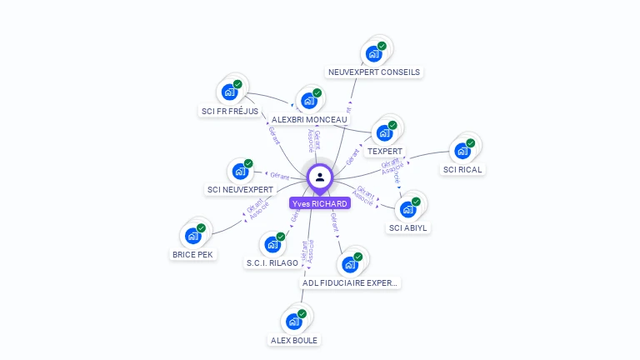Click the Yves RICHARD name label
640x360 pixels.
(x=320, y=203)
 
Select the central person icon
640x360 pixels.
(x=320, y=177)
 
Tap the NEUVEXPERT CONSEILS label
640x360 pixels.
(x=373, y=72)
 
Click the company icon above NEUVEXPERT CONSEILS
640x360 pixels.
(x=375, y=53)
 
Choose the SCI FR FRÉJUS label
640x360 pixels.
(x=229, y=111)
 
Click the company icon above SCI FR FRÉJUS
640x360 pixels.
(x=231, y=92)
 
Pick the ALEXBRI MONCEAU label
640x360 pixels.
(x=309, y=119)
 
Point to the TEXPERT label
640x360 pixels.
(x=385, y=152)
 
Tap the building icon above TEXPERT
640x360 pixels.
(x=385, y=132)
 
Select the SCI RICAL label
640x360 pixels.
(x=462, y=169)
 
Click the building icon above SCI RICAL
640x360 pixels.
(x=462, y=151)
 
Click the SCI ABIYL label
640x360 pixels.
(x=409, y=227)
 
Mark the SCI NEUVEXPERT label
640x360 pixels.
(x=240, y=190)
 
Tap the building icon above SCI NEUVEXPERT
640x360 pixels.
(x=241, y=172)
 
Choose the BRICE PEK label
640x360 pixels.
(x=192, y=254)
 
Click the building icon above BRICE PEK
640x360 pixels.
(x=193, y=235)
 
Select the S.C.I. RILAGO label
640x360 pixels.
(x=272, y=263)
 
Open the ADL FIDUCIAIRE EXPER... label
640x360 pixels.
(x=350, y=282)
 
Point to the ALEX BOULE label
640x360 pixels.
(x=294, y=340)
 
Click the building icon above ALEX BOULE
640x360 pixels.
(x=294, y=321)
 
